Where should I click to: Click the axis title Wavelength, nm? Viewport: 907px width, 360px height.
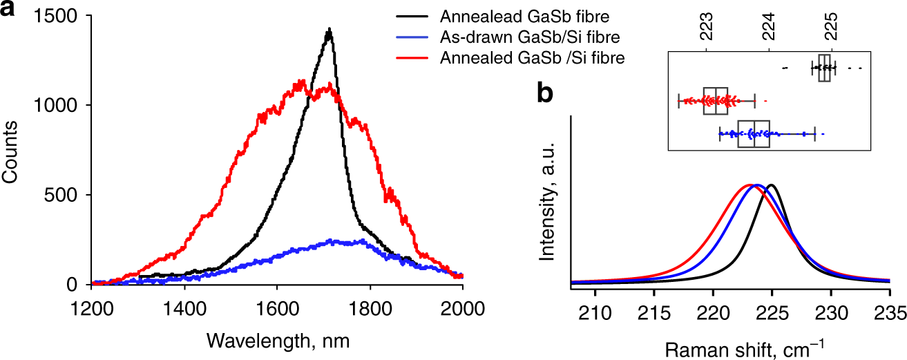click(x=276, y=341)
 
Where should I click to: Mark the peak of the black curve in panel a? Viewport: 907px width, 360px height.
click(x=330, y=30)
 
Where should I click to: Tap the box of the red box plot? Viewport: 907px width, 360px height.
click(x=716, y=101)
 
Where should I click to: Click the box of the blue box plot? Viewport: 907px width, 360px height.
click(x=754, y=133)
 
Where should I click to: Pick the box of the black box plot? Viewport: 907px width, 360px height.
click(x=824, y=68)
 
